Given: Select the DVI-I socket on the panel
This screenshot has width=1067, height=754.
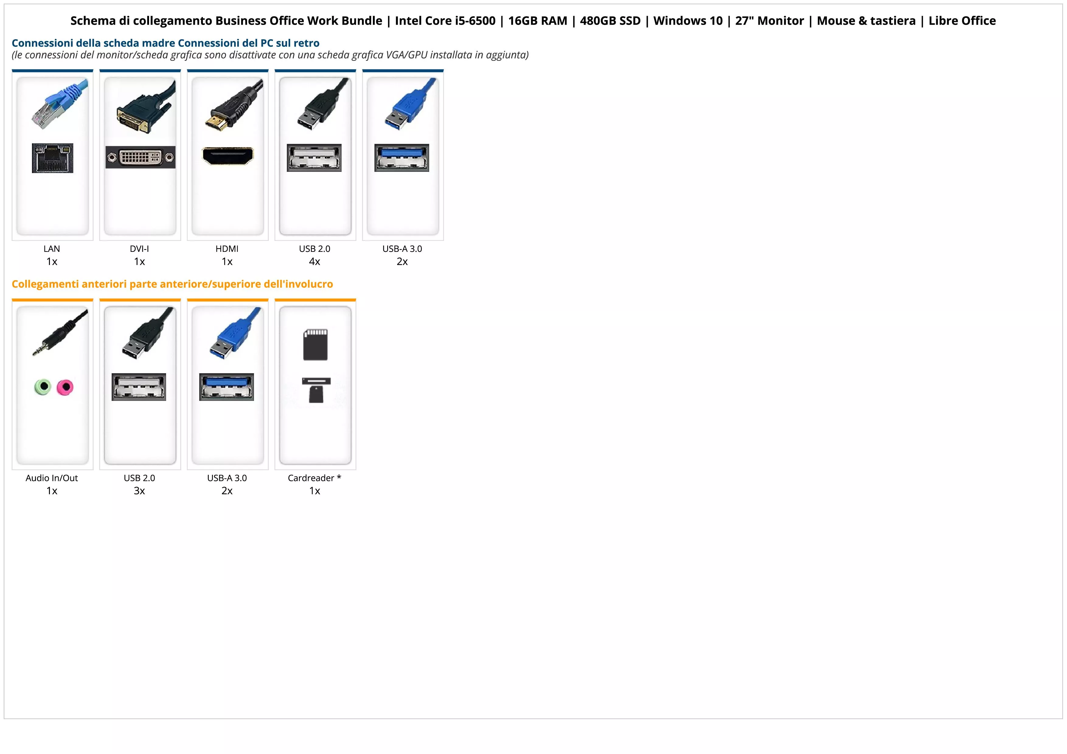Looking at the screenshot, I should (140, 158).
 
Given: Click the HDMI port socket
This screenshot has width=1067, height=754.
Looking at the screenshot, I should (228, 156).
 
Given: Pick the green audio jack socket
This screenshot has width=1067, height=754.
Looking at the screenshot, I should (43, 387).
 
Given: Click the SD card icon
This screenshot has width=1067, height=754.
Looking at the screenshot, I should (315, 345).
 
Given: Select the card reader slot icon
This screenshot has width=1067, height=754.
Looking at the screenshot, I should (316, 390).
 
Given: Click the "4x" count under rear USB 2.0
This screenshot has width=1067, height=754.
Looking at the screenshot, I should (315, 262).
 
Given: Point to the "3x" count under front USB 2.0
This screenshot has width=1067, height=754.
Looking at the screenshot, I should (139, 491).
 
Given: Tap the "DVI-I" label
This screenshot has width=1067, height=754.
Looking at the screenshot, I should (139, 248).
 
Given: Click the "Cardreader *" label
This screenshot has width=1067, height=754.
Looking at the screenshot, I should (315, 478).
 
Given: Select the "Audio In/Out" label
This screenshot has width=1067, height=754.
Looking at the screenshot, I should (52, 478).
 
